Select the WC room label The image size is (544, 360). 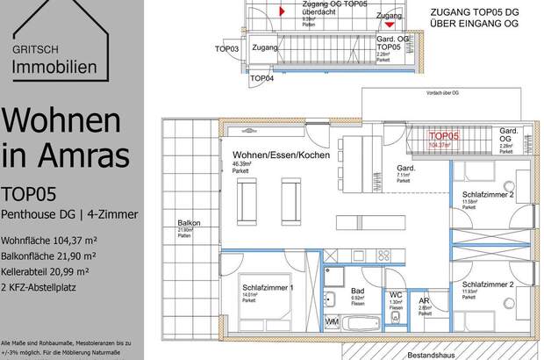(395, 295)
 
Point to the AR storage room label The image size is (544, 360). (423, 300)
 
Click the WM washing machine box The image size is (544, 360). (332, 324)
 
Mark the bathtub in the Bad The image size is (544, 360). (361, 324)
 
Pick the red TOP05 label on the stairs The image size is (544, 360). (443, 137)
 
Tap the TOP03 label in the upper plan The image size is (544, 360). (226, 49)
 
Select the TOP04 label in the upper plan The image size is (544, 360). (261, 78)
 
